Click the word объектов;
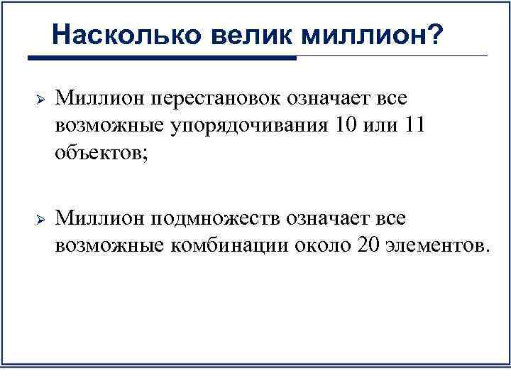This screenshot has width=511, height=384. [100, 154]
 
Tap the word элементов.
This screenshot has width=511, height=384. [437, 246]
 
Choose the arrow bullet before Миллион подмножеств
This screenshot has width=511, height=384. [40, 218]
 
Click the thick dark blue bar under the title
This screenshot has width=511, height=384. [161, 58]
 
